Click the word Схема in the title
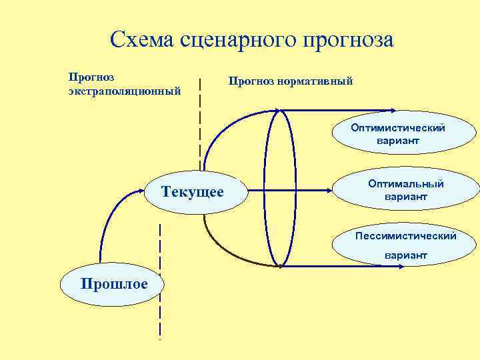tap(141, 39)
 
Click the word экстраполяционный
tap(125, 89)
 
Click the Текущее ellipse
tap(193, 192)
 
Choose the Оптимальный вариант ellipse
tap(405, 189)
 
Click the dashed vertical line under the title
tap(200, 120)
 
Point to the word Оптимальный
tap(405, 183)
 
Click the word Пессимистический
tap(405, 235)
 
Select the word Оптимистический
tap(398, 128)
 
